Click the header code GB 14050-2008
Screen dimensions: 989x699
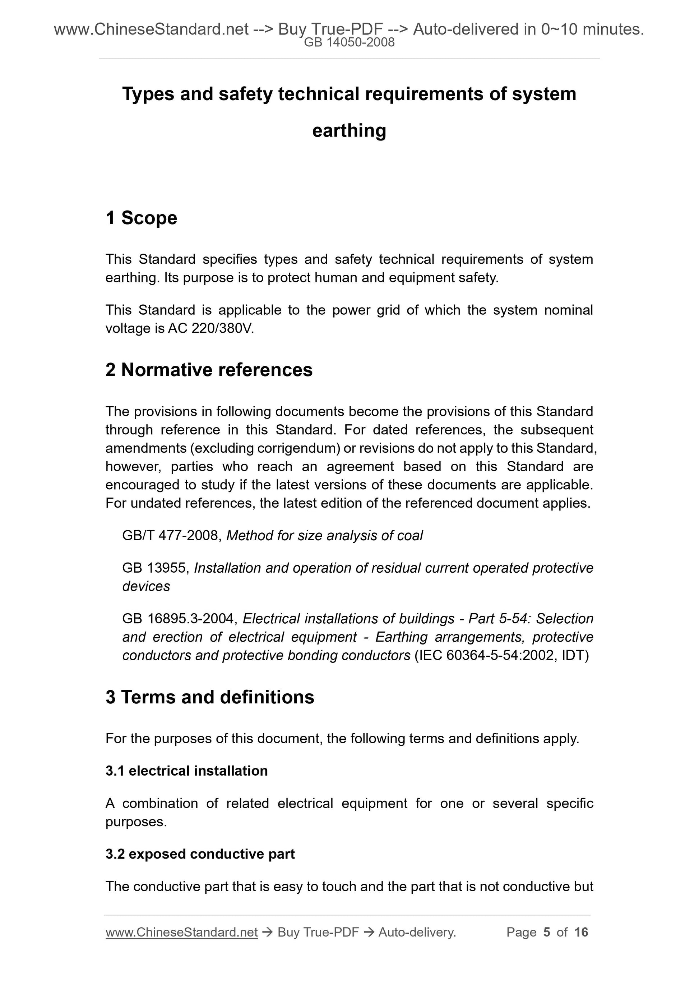(x=349, y=42)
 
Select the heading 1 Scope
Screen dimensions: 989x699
(x=141, y=218)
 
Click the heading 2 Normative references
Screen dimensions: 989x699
(x=209, y=370)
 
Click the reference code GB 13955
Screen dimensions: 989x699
(x=155, y=568)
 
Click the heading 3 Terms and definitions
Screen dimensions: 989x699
(x=210, y=697)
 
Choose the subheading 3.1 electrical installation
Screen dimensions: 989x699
(x=186, y=771)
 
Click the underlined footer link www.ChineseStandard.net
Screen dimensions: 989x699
(x=181, y=932)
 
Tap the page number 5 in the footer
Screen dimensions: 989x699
(x=547, y=932)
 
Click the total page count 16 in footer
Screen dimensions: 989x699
(x=581, y=932)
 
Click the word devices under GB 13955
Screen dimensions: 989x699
(x=146, y=586)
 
